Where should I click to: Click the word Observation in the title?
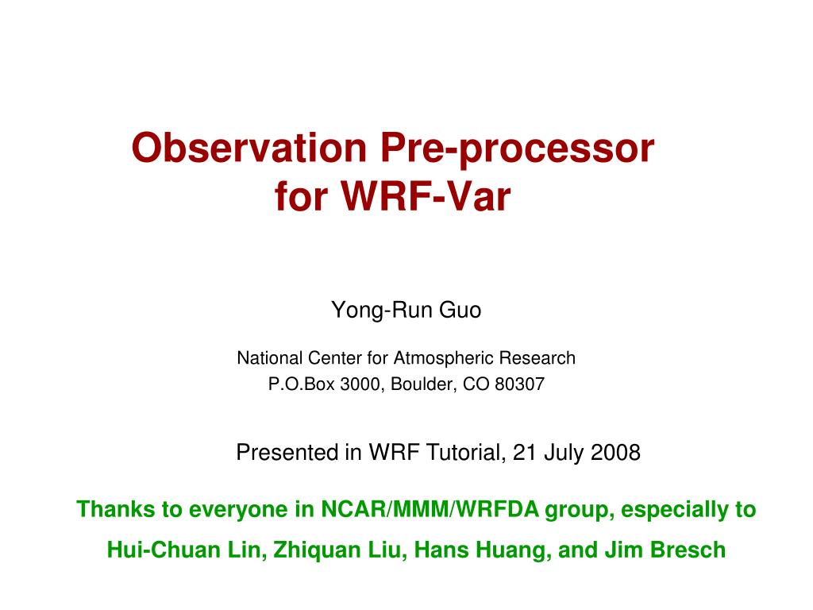coord(249,147)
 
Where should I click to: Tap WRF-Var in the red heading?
coord(426,196)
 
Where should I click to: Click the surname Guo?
coord(460,310)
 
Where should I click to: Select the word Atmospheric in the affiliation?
coord(444,358)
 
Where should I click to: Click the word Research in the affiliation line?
coord(538,357)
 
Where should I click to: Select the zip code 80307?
coord(519,384)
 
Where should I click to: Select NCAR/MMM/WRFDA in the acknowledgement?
coord(430,509)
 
